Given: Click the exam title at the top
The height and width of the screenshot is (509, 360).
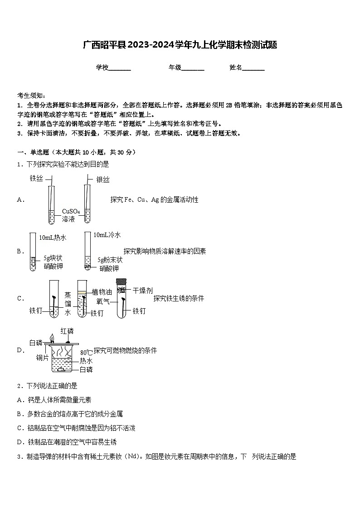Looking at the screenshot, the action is (180, 45).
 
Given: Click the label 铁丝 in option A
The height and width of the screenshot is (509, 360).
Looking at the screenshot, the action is (36, 178).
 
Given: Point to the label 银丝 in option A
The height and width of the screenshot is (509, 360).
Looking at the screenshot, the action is (103, 180).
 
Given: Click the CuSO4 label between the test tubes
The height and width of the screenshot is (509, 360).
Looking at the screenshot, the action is (71, 211).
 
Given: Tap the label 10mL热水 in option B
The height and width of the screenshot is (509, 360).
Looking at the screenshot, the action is (53, 238).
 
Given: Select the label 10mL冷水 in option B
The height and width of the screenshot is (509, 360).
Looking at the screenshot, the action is (107, 235).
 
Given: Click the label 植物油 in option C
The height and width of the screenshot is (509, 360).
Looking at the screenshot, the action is (102, 291).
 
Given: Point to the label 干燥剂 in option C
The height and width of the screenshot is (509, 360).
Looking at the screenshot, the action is (143, 290).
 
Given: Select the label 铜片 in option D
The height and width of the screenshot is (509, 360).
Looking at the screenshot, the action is (43, 358).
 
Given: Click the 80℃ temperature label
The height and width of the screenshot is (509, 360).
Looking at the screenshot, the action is (86, 352).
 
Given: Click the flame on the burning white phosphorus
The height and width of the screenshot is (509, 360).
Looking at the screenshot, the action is (53, 338).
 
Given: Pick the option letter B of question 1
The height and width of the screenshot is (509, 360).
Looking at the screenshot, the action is (20, 251).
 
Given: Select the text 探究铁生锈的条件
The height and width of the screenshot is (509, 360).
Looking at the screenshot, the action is (179, 298).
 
